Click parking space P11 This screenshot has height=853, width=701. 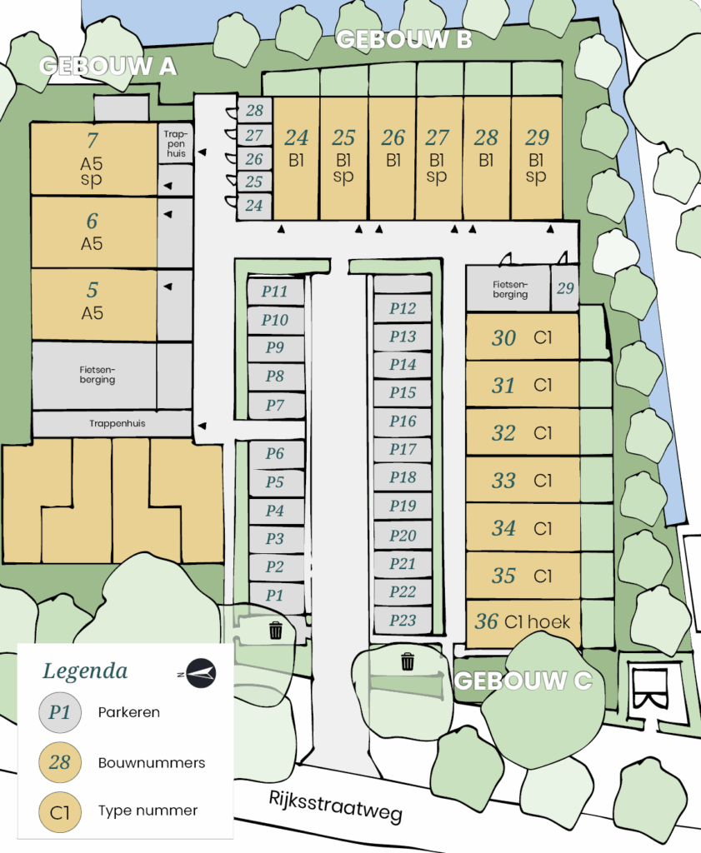coord(275,291)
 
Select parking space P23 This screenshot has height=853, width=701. coord(403,620)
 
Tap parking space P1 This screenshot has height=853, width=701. coord(275,595)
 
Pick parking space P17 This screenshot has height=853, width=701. coord(403,449)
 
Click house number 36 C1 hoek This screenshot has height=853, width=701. coord(523,623)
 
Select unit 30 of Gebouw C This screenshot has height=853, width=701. coord(522,337)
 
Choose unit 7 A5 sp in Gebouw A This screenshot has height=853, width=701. coord(93,159)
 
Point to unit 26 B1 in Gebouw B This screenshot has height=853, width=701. coord(393,158)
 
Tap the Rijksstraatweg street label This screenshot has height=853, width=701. coord(336,806)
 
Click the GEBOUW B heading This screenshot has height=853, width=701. coord(403,39)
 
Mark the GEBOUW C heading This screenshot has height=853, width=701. coord(523,681)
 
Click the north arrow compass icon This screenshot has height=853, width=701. coord(200,673)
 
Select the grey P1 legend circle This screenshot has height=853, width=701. coord(60,712)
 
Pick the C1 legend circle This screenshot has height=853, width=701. coord(60,812)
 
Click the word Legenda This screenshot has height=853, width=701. coord(85,671)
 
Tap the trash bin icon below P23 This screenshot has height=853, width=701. coord(408,661)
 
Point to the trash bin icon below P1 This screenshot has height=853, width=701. coord(276,630)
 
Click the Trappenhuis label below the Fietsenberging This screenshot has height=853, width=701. coord(118,423)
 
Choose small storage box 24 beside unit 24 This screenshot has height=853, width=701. coord(254,206)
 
